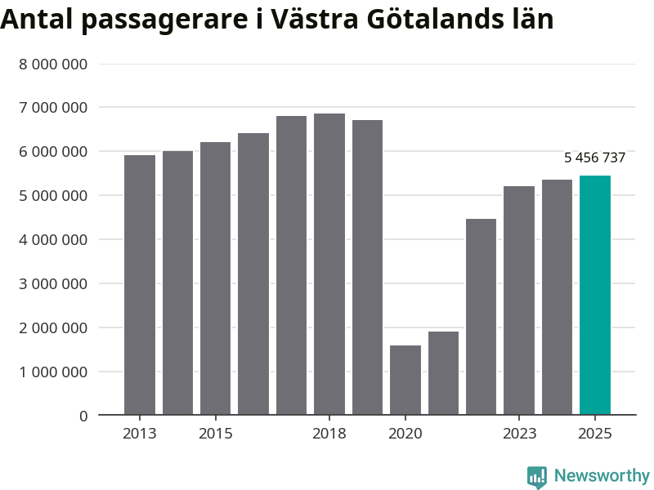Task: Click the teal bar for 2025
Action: (x=594, y=295)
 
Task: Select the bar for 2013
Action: (x=140, y=285)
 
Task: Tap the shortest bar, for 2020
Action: (x=405, y=380)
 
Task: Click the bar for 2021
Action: (x=443, y=373)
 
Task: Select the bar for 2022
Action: (x=481, y=317)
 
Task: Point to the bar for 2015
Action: (x=216, y=278)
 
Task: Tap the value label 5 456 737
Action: (x=594, y=158)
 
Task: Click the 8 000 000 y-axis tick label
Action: (x=53, y=64)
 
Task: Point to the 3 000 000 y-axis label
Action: (x=53, y=284)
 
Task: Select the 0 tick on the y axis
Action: (x=83, y=416)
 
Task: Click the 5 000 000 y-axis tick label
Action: (x=53, y=196)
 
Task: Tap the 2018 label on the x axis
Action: (x=329, y=434)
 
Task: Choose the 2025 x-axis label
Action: (x=594, y=434)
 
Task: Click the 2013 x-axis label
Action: (x=140, y=434)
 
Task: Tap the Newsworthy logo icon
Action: (x=536, y=477)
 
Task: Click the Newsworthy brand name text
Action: (x=602, y=475)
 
